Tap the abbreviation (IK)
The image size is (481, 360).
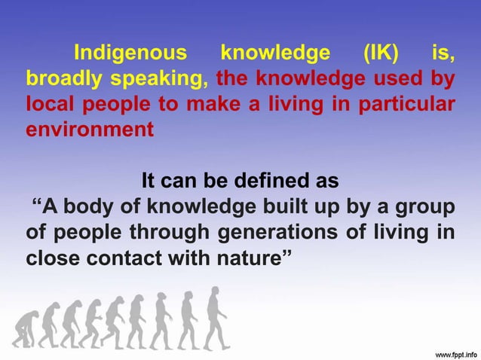[385, 53]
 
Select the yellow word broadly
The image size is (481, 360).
[57, 78]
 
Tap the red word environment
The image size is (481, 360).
[90, 129]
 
